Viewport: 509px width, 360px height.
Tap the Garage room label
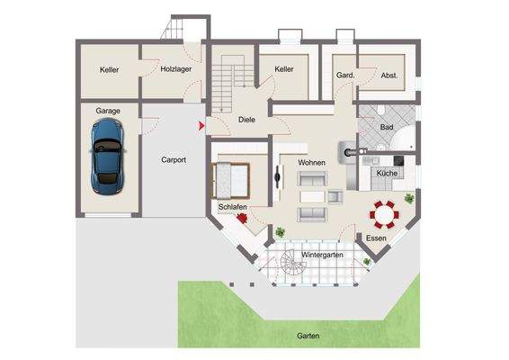click(x=108, y=111)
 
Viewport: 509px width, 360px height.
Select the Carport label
click(x=174, y=159)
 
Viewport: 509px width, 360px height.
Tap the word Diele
click(x=248, y=119)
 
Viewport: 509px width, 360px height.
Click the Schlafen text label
click(x=232, y=207)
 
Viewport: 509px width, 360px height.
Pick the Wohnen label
click(x=312, y=163)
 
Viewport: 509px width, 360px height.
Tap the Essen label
click(x=375, y=239)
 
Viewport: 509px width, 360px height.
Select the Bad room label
click(x=387, y=128)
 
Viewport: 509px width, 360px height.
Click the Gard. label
click(x=344, y=76)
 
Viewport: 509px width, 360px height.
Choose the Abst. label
click(x=389, y=76)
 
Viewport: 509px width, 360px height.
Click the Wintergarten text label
click(x=322, y=256)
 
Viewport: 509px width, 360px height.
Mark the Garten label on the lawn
click(x=308, y=337)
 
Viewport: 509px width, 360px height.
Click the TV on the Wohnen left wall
click(x=277, y=175)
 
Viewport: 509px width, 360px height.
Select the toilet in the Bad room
click(x=380, y=112)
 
